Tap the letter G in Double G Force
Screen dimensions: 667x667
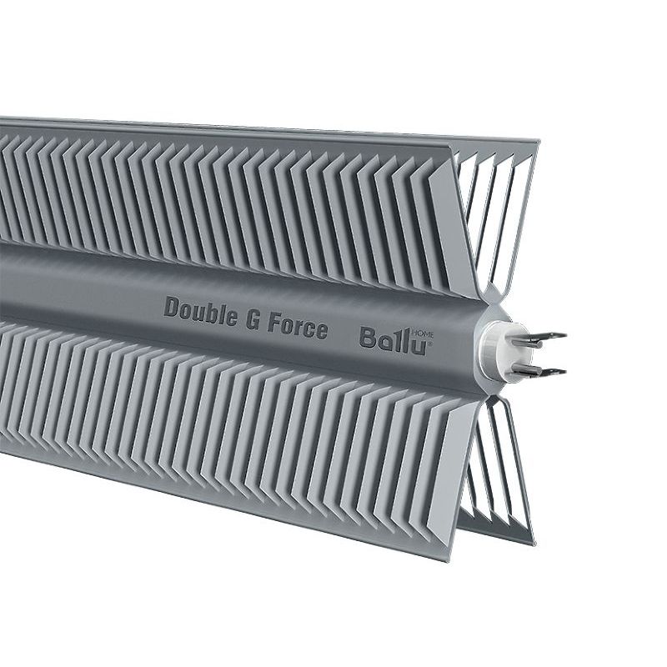253,318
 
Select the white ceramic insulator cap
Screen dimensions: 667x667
494,345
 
